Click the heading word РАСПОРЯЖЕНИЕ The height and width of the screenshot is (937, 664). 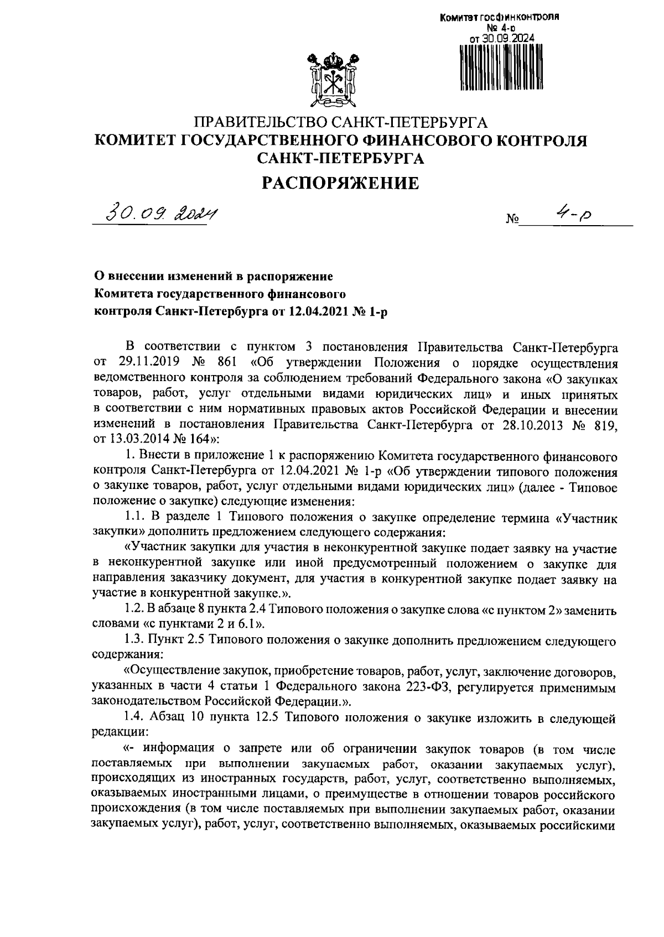(340, 183)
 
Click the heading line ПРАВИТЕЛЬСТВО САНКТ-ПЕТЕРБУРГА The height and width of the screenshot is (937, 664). (340, 122)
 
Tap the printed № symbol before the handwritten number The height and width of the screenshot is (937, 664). (512, 220)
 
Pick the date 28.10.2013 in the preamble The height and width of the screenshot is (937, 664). (528, 424)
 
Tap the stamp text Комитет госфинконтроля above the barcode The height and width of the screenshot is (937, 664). (499, 17)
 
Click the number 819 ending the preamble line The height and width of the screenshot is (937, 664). (605, 424)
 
